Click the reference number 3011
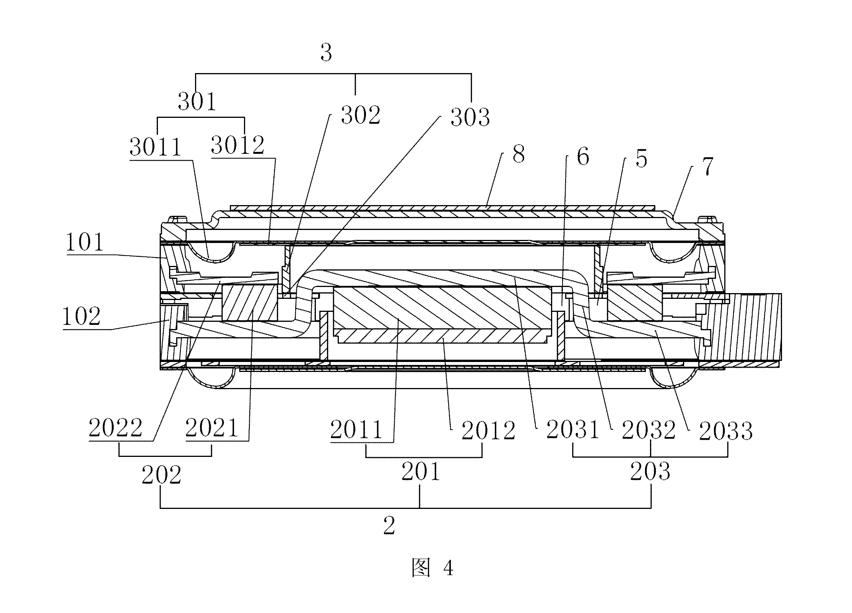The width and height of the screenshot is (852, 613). tap(155, 147)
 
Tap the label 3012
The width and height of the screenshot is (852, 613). tap(237, 145)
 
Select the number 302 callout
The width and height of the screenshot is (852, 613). tap(361, 115)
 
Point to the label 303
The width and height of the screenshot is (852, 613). tap(470, 117)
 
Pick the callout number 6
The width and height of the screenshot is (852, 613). tap(583, 157)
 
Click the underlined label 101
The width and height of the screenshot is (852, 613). tap(85, 242)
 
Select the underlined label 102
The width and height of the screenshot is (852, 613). tap(81, 316)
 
